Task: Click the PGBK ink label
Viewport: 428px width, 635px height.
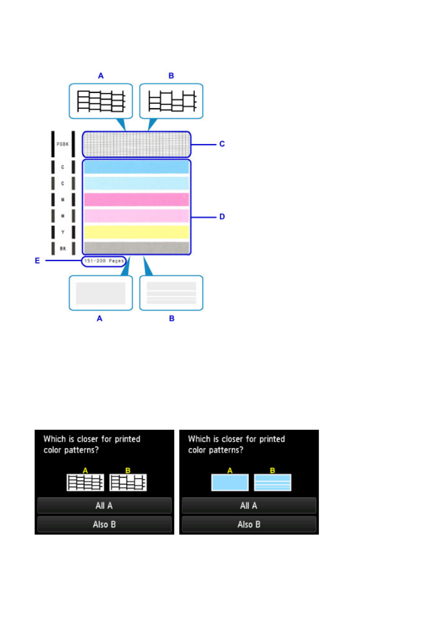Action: point(62,144)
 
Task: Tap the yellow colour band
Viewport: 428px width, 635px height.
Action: point(136,232)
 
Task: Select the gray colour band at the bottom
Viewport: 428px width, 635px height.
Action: point(136,247)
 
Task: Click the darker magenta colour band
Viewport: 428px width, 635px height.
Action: point(136,199)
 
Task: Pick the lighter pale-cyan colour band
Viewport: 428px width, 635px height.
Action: point(136,183)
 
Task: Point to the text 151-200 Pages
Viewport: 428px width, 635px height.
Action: point(104,261)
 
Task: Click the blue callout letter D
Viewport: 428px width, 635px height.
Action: point(222,216)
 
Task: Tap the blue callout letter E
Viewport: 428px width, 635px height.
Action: point(37,260)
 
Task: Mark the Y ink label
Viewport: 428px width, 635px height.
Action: point(63,232)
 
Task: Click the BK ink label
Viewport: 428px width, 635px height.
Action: point(63,248)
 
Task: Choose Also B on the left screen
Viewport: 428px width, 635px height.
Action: point(104,524)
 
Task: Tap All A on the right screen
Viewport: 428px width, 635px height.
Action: point(249,505)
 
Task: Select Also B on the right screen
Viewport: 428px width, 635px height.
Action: point(249,524)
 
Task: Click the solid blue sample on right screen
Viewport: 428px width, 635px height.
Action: point(230,482)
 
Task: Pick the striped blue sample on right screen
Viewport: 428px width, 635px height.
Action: point(272,482)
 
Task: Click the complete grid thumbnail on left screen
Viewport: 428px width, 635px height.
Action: point(85,482)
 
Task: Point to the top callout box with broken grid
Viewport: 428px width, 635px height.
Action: point(171,101)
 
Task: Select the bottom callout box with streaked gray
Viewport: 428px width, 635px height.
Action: point(171,293)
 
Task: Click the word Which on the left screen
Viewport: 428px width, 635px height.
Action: point(54,439)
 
